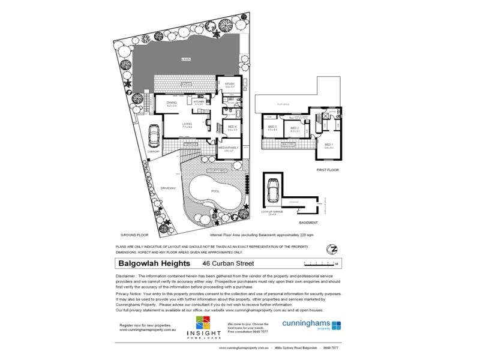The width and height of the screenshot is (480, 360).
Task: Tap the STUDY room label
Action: tap(229, 85)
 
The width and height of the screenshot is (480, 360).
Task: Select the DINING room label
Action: tap(172, 104)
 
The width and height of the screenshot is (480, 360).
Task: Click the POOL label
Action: tap(215, 191)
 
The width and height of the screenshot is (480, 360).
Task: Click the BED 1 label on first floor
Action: tap(329, 145)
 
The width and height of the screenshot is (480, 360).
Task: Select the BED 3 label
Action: tap(271, 127)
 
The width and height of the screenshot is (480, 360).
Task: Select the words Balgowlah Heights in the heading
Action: tap(153, 263)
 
